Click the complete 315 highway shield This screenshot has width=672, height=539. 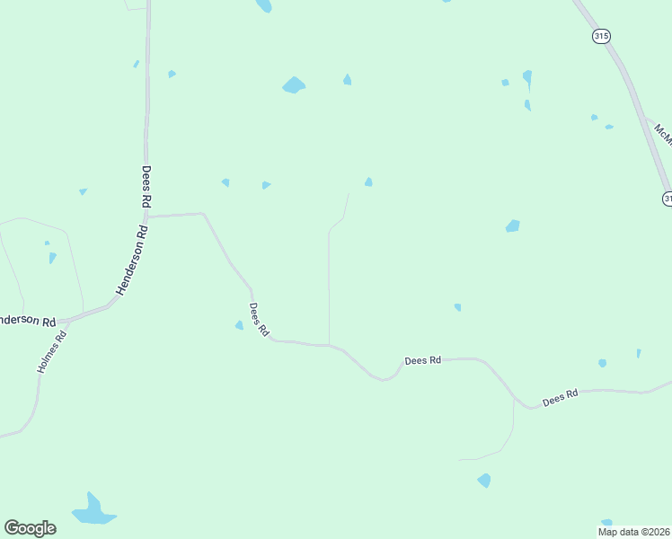[x=601, y=36]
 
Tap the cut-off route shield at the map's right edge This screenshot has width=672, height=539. [x=668, y=198]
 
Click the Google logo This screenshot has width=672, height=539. [x=30, y=528]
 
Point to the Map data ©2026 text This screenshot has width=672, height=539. [x=634, y=532]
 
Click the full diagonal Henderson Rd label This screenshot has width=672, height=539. [x=130, y=261]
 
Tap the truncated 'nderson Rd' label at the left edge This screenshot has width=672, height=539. [x=28, y=321]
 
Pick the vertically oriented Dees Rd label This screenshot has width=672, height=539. [x=146, y=187]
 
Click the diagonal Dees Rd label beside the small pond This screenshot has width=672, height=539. [x=259, y=319]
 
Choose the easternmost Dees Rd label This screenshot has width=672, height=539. [x=561, y=397]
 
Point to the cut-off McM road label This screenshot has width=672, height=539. [x=663, y=135]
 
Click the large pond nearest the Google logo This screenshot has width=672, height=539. [x=92, y=510]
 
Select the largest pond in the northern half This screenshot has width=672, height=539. [x=293, y=85]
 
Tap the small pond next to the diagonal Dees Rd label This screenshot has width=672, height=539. [x=239, y=325]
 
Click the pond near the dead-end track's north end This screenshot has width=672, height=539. [x=368, y=182]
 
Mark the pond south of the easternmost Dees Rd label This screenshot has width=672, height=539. [x=484, y=481]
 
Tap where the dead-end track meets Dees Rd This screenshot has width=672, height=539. [x=329, y=345]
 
